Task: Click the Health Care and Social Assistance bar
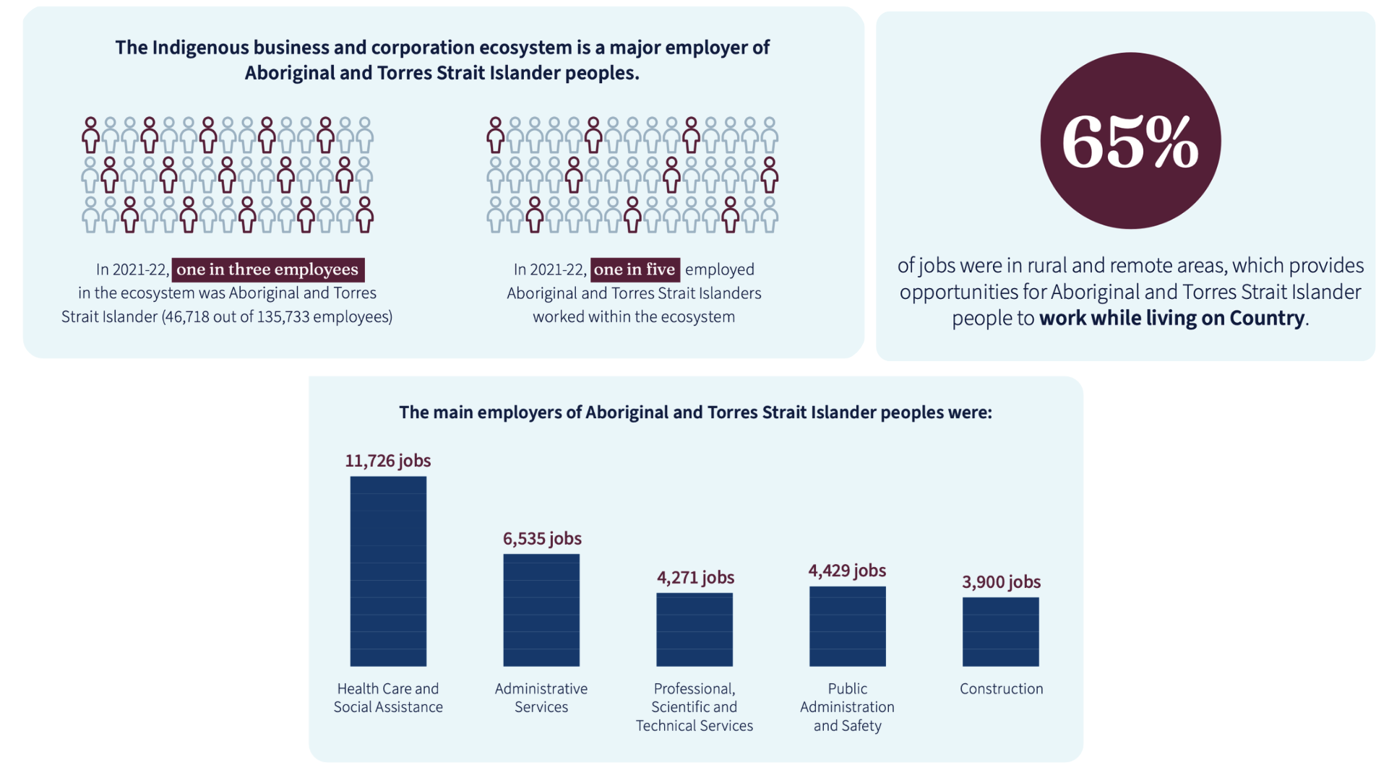(388, 571)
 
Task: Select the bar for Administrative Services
(541, 610)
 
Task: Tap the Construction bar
(1001, 631)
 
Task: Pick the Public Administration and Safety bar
(848, 626)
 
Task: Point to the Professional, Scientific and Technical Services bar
(694, 629)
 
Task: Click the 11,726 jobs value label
(388, 461)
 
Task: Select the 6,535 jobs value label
(542, 539)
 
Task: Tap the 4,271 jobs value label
(695, 578)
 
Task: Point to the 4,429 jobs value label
(847, 571)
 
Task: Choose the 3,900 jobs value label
(1002, 582)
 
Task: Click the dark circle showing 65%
(1130, 141)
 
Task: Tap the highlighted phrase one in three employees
(268, 269)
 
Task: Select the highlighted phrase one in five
(635, 269)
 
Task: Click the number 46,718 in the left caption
(186, 317)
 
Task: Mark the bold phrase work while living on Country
(1172, 319)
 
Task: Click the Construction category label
(1002, 689)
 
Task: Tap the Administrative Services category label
(541, 698)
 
